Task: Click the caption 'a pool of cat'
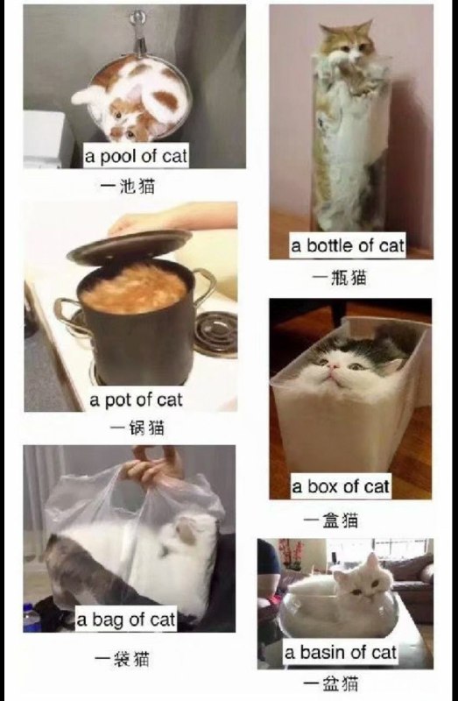click(136, 157)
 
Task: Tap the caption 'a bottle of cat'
click(348, 245)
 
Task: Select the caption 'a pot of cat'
click(136, 400)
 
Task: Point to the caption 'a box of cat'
click(341, 486)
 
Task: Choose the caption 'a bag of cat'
click(126, 620)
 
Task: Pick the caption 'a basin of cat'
click(341, 652)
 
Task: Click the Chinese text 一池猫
click(128, 186)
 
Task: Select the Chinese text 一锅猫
click(137, 428)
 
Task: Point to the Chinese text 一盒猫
click(331, 520)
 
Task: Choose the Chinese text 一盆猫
click(331, 683)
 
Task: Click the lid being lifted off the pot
click(130, 246)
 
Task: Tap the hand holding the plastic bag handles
click(153, 465)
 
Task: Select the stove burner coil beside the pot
click(215, 334)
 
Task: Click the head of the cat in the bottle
click(347, 41)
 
